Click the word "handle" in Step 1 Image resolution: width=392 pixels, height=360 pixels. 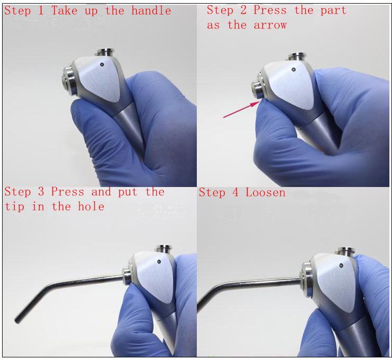pos(152,10)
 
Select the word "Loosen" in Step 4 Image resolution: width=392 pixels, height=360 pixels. pos(265,192)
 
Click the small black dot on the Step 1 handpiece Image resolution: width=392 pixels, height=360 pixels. pos(102,65)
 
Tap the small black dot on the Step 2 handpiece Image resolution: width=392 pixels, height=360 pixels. pos(294,68)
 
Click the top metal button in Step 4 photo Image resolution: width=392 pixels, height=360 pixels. pos(344,251)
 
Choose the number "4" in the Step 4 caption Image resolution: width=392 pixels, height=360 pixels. pos(236,192)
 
